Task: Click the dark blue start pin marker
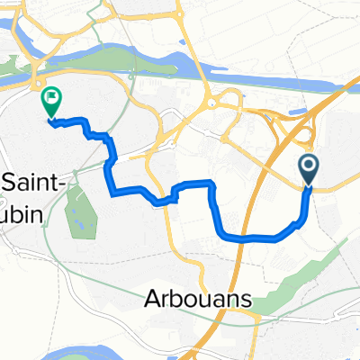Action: click(x=307, y=166)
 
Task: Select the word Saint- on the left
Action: click(x=32, y=181)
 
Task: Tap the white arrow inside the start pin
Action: click(x=307, y=165)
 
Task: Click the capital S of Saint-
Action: click(x=9, y=181)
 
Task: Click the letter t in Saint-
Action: click(x=52, y=182)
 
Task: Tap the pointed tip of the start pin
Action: click(x=307, y=186)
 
